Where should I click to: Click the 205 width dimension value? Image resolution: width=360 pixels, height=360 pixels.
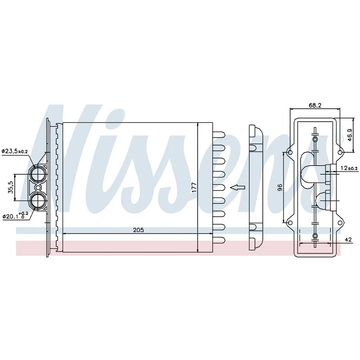point(139,230)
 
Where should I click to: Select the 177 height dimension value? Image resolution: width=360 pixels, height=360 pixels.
point(194,187)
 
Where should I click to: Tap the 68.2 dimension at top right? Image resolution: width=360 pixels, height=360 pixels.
point(315,105)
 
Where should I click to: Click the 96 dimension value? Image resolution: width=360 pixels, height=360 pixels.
point(280,187)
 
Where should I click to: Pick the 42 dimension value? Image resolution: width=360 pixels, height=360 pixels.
point(348,240)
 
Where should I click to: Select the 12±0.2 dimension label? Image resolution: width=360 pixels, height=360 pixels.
point(349,168)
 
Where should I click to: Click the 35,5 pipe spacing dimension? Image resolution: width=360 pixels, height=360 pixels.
point(11,187)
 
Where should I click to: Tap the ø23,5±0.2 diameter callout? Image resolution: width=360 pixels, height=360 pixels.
point(15,151)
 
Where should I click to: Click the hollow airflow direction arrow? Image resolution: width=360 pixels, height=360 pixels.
point(238,187)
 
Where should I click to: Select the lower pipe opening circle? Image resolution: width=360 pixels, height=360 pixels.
point(37,201)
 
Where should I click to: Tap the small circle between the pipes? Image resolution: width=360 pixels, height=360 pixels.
point(38,188)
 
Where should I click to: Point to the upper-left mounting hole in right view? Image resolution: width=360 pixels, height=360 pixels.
point(290,152)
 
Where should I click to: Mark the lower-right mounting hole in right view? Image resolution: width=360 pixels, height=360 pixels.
point(340,222)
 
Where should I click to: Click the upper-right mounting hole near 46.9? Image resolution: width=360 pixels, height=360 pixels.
point(340,152)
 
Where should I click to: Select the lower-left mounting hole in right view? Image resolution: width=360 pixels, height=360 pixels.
point(290,222)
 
